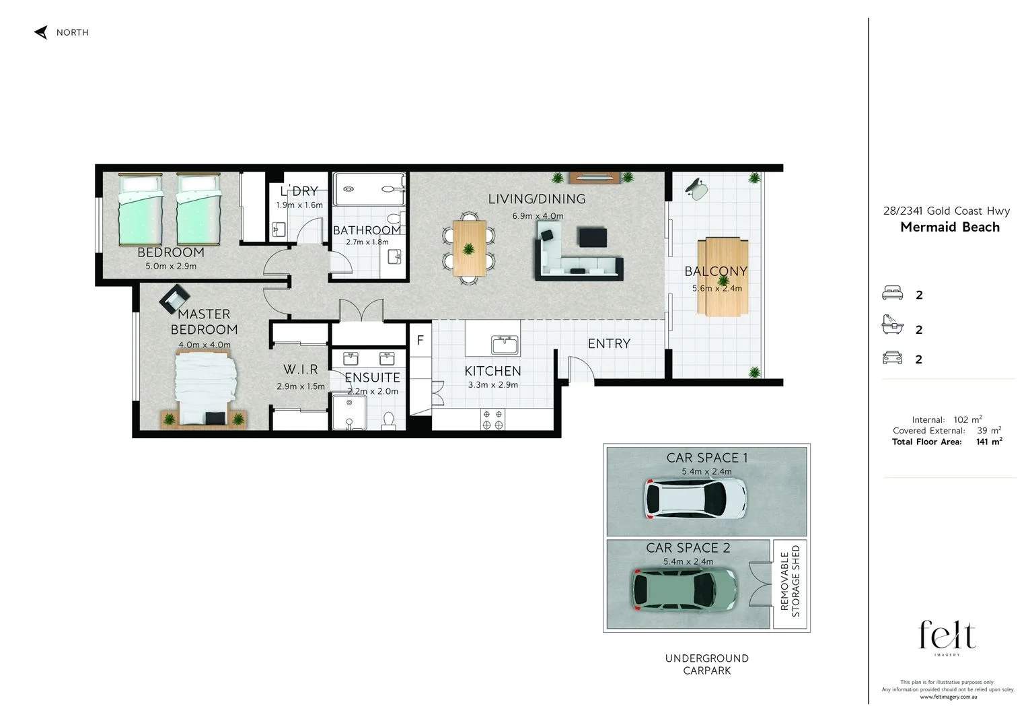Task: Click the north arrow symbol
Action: coord(41,32)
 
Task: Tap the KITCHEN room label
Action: coord(492,371)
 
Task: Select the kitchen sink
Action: coord(505,345)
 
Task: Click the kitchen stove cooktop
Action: coord(492,420)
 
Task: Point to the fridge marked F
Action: coord(420,341)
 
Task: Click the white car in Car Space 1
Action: coord(695,499)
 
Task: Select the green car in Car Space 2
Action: coord(684,590)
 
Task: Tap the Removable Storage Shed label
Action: coord(790,582)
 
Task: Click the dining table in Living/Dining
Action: coord(469,248)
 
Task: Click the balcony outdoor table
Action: coord(722,276)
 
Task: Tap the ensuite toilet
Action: coord(388,421)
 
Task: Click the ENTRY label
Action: coord(609,344)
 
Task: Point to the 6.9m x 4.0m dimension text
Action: coord(538,216)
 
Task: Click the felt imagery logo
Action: coord(947,636)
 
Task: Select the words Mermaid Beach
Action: coord(949,228)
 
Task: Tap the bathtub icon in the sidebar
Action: coord(892,325)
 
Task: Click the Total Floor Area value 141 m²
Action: coord(988,442)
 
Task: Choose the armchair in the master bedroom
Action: coord(175,299)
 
